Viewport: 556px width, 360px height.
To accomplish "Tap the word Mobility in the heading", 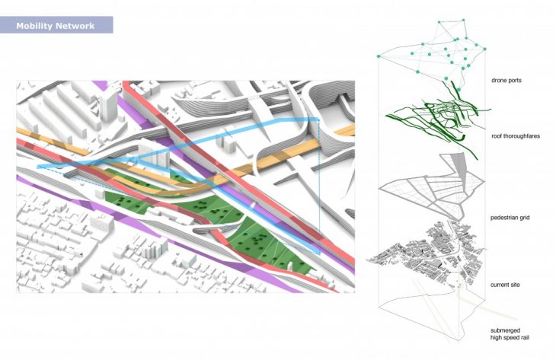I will pyautogui.click(x=43, y=26).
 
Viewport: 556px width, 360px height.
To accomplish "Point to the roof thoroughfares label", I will pyautogui.click(x=514, y=137).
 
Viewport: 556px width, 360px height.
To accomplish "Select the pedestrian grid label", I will pyautogui.click(x=511, y=218).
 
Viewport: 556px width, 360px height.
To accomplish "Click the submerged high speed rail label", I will pyautogui.click(x=510, y=334).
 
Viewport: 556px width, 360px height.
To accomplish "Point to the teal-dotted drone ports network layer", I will pyautogui.click(x=442, y=53).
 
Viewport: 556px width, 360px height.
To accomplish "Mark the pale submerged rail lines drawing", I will pyautogui.click(x=457, y=304).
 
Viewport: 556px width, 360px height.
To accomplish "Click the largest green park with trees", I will pyautogui.click(x=267, y=244).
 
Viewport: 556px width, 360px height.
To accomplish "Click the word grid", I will pyautogui.click(x=525, y=218).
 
